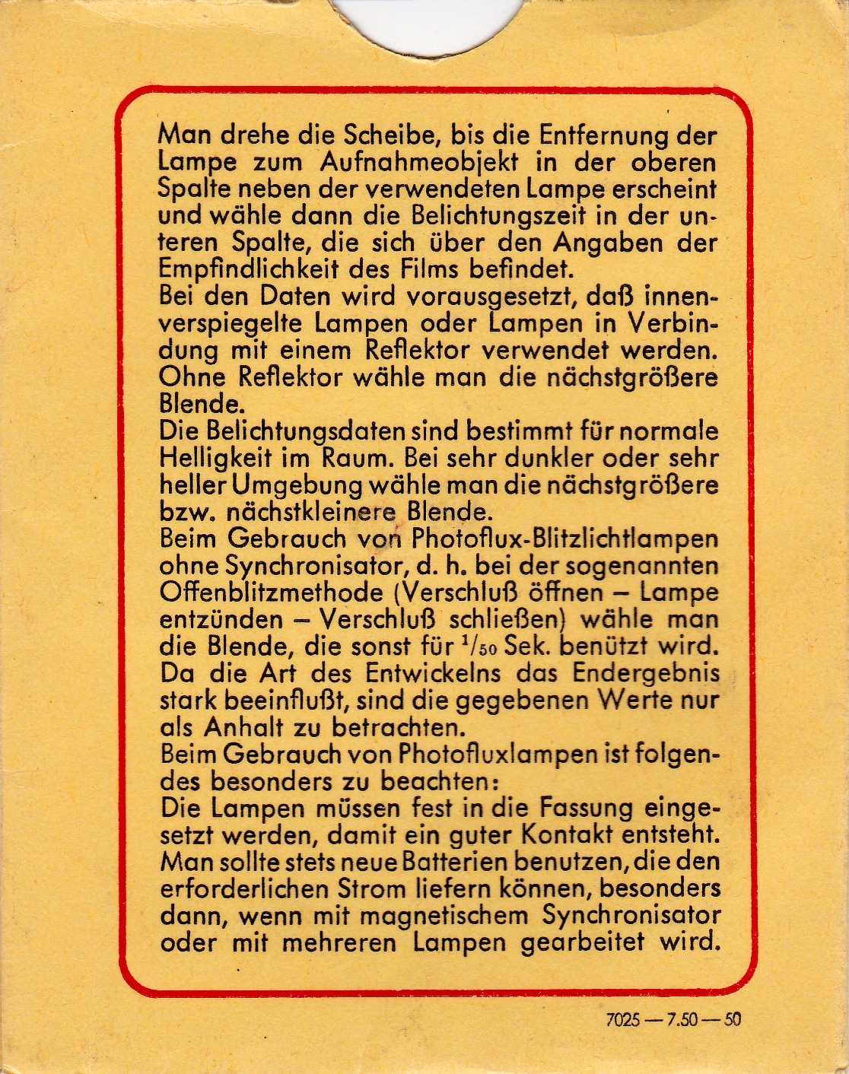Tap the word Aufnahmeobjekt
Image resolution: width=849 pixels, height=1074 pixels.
point(419,162)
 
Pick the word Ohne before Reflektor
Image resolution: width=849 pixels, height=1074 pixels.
point(192,377)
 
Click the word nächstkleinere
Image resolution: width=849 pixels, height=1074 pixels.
point(304,511)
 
